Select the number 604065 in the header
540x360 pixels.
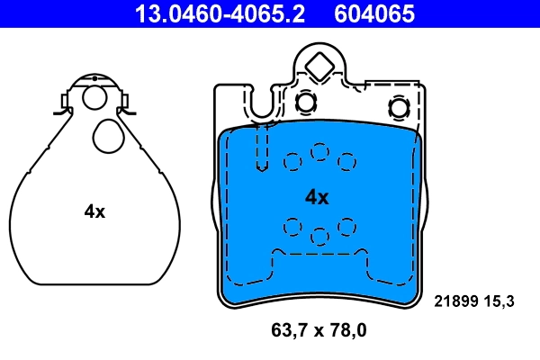click(x=374, y=13)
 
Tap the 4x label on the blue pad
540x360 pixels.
click(x=317, y=196)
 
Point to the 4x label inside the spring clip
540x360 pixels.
click(x=94, y=211)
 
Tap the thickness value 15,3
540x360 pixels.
click(x=499, y=301)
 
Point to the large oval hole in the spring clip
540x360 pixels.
click(x=108, y=137)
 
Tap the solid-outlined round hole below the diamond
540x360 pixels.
click(x=306, y=103)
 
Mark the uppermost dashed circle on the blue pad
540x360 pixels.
click(x=319, y=152)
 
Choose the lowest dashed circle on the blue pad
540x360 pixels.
click(x=319, y=236)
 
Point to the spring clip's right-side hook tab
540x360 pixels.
click(x=127, y=104)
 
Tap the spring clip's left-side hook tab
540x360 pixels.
click(x=60, y=104)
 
